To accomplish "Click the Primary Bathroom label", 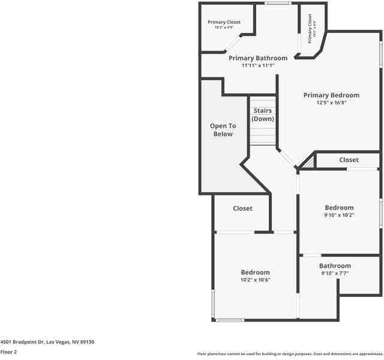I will point(258,58).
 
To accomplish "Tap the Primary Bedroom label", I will point(331,95).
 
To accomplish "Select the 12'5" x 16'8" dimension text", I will point(331,103).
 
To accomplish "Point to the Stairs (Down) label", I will point(262,115).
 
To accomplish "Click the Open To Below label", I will point(223,130).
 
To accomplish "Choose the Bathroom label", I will point(335,266).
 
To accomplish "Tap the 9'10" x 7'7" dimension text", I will point(335,274).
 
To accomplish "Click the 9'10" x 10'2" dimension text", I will point(339,215).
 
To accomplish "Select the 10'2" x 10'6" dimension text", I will point(256,280).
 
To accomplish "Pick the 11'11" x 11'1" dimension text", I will point(258,65).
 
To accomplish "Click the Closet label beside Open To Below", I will point(242,208).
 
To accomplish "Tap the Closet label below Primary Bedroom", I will point(349,160).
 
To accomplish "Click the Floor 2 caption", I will point(8,352).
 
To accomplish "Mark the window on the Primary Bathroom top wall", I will point(278,3).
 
